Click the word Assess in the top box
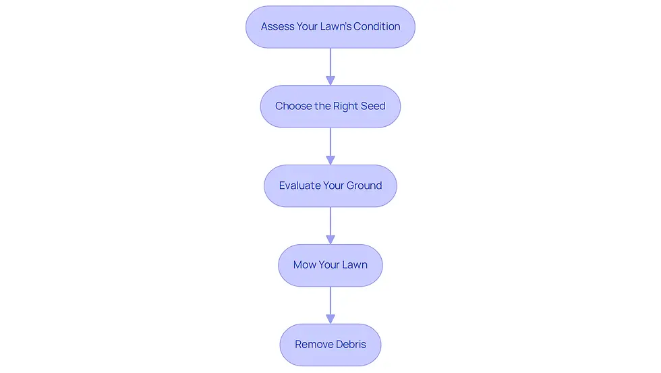277,26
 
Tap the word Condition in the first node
377,26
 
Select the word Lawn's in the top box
336,26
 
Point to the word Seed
373,106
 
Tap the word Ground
364,185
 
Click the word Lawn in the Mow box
355,264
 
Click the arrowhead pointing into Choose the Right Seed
330,80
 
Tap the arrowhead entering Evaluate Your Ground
330,160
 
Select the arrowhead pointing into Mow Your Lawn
330,239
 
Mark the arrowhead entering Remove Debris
330,319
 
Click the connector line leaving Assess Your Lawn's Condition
330,62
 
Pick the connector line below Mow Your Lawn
330,301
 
